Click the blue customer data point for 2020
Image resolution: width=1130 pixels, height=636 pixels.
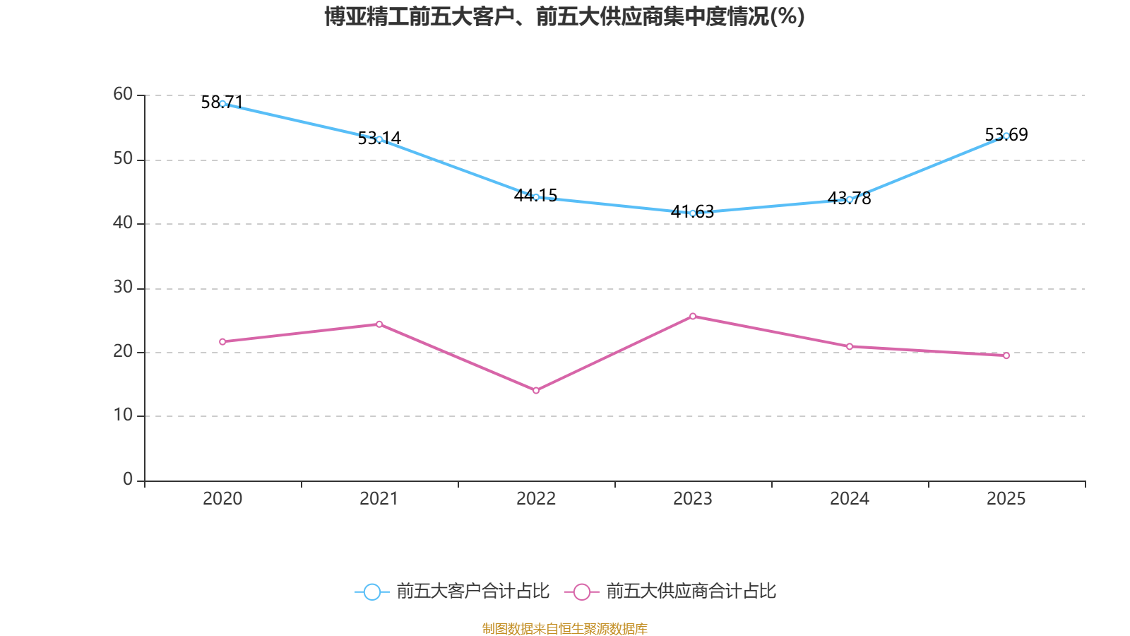222,104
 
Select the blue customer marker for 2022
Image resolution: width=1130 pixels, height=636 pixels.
536,197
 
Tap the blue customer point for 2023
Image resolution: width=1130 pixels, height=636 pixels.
693,213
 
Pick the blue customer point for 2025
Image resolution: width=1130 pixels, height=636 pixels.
1006,136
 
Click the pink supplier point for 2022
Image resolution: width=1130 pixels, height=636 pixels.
536,390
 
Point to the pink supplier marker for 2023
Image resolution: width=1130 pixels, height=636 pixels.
693,316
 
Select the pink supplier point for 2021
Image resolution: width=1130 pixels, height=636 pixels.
379,324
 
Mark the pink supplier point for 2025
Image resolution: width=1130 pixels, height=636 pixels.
1006,355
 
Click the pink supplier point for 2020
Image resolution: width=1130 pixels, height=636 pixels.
222,341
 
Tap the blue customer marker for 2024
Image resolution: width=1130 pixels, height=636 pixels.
850,199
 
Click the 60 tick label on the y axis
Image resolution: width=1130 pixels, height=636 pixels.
123,94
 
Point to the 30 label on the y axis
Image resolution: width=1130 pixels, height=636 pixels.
123,287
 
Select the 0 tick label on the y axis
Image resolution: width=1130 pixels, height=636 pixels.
128,479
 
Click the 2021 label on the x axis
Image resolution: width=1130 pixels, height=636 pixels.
379,499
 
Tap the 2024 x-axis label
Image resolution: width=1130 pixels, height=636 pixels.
850,499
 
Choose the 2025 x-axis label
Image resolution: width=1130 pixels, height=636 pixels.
1006,499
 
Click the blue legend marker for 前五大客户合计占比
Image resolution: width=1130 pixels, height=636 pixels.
371,591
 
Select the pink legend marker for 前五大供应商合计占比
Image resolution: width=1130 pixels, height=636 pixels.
581,591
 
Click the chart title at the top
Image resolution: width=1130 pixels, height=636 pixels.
564,16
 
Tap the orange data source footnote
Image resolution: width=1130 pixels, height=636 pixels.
564,628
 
